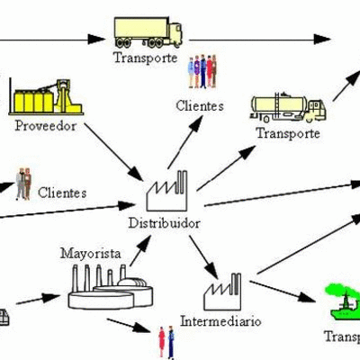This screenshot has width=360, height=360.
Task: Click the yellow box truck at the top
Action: click(x=151, y=31)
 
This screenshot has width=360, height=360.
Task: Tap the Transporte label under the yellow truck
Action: click(x=144, y=58)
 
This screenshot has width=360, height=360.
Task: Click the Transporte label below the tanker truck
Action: click(x=288, y=133)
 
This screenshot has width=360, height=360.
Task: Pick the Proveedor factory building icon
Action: click(x=40, y=97)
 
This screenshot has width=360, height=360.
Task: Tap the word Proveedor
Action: click(x=45, y=125)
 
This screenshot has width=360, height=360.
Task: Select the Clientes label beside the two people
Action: click(x=63, y=193)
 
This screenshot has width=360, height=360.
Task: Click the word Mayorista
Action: click(x=90, y=254)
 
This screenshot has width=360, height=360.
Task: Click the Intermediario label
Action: click(x=220, y=320)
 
